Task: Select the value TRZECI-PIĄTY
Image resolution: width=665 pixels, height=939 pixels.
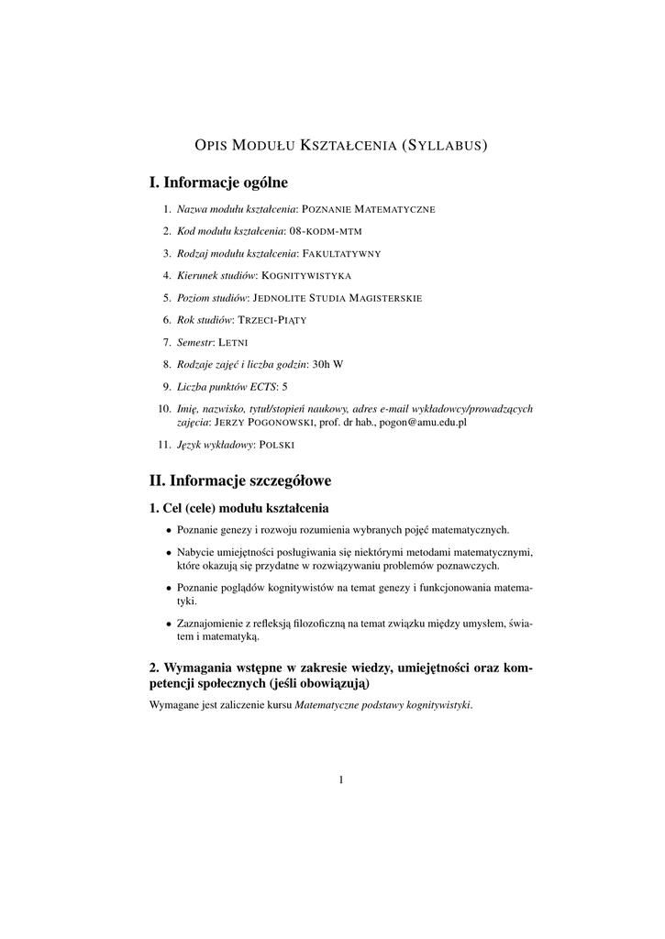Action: coord(272,320)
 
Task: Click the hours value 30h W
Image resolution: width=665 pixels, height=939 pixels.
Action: coord(327,364)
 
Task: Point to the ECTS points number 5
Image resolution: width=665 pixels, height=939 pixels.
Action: coord(285,386)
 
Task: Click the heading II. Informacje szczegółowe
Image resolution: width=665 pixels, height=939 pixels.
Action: coord(240,480)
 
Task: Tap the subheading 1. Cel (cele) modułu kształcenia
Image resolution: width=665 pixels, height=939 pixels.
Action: coord(238,507)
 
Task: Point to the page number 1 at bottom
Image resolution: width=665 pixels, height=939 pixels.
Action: coord(341,780)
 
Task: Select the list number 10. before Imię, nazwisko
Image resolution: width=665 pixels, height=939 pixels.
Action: coord(164,408)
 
